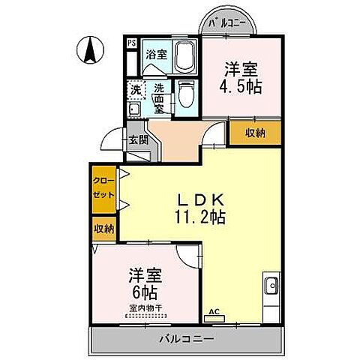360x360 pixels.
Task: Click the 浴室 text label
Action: [x=156, y=55]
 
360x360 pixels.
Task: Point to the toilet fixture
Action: [x=185, y=96]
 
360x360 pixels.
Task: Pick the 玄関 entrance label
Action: [x=136, y=139]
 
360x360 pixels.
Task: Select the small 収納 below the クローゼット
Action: [x=103, y=229]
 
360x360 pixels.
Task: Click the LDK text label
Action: [x=198, y=201]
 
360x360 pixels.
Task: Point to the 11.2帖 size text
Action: [x=199, y=219]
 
